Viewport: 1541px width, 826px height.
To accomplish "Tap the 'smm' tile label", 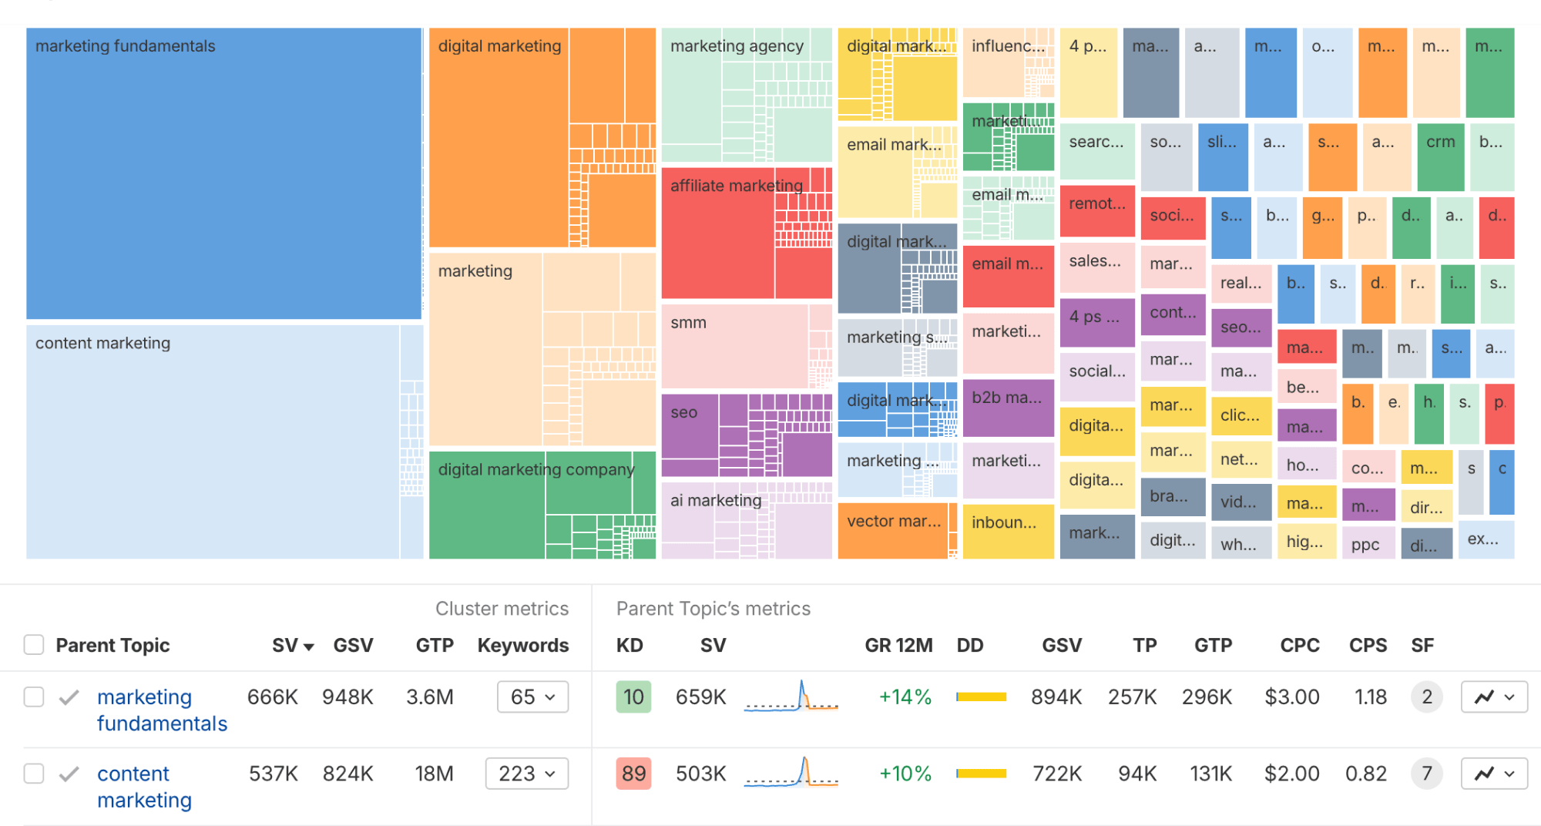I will click(x=688, y=323).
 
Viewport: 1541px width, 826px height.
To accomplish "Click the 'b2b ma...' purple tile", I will click(x=1007, y=407).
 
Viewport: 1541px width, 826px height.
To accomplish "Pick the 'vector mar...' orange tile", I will click(x=894, y=530).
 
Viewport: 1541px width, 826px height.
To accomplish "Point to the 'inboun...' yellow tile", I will click(x=1007, y=530).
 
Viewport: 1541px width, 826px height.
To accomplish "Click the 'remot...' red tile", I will click(x=1096, y=210).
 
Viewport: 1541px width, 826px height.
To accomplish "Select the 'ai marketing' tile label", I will click(x=715, y=500).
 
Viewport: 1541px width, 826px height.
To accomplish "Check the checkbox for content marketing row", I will click(x=34, y=773).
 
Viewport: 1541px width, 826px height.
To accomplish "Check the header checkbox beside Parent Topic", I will click(x=34, y=644).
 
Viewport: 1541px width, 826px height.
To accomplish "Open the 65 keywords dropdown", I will click(x=532, y=697).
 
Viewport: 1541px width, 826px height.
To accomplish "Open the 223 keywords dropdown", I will click(x=527, y=773).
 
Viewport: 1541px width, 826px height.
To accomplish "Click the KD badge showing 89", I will click(x=633, y=773).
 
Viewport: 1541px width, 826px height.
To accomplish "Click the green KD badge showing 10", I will click(x=633, y=697).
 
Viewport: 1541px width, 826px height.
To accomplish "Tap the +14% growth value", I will click(x=905, y=697).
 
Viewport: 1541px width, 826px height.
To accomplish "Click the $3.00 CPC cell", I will click(x=1291, y=697).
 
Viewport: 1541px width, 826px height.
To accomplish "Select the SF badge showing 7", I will click(x=1426, y=773).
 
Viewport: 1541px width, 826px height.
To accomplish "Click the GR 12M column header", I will click(x=898, y=645).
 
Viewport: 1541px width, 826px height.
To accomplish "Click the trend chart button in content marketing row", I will click(x=1493, y=773).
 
